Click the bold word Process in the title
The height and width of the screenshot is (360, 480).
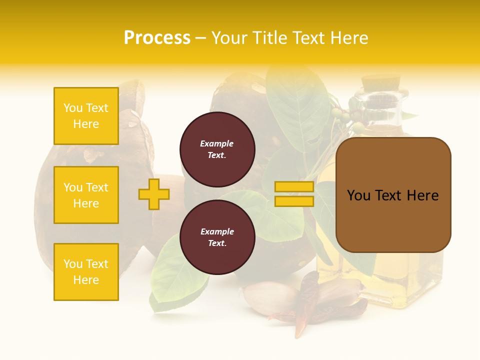click(157, 38)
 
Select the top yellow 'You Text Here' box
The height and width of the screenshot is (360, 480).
click(86, 116)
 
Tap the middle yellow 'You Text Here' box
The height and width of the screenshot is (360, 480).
click(86, 195)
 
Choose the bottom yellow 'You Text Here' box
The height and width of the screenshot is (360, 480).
click(86, 272)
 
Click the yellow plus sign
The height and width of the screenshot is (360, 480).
click(153, 194)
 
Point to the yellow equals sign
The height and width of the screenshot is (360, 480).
click(294, 194)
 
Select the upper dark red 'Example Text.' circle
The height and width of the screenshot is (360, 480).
click(217, 149)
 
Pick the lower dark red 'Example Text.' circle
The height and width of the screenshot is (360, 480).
click(217, 237)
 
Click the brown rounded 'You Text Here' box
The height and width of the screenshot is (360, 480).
click(393, 195)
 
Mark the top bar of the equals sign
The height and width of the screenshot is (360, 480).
click(294, 186)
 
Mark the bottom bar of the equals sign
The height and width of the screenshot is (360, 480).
click(294, 201)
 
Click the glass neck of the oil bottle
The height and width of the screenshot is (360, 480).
click(382, 105)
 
